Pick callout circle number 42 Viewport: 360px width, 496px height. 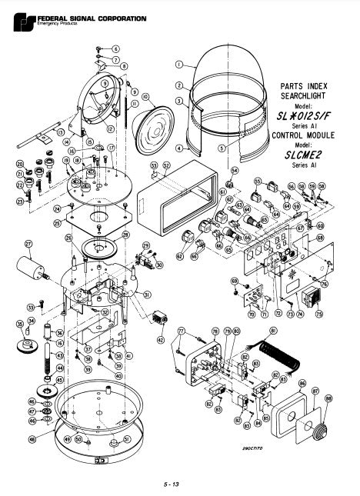(x=161, y=338)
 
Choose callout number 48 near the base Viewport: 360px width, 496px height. (x=32, y=439)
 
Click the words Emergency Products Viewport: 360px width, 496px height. (x=44, y=20)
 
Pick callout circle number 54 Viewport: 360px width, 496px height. (x=235, y=171)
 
